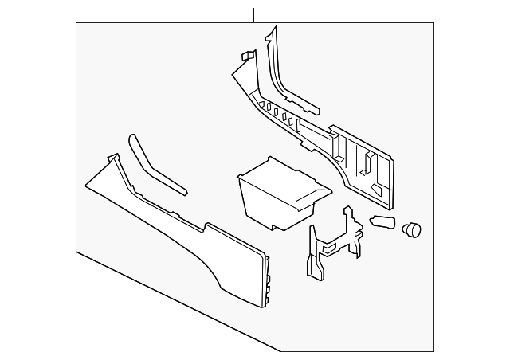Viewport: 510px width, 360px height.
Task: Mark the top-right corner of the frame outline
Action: (432, 22)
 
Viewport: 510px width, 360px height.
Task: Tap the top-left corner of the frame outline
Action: (76, 22)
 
